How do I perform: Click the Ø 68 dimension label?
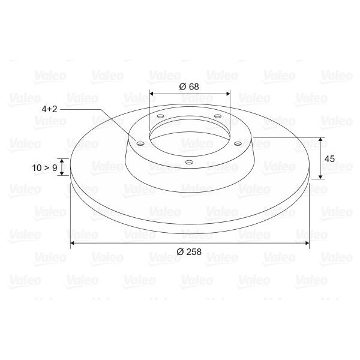[189, 86]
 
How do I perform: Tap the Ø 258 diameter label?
[190, 251]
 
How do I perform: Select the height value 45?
[329, 158]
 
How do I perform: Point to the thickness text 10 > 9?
[45, 168]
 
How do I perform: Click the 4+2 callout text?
[50, 110]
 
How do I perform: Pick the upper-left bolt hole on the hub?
[160, 117]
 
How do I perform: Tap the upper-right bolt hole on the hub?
[217, 116]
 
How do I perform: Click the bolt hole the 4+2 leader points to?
[140, 143]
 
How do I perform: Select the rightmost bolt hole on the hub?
[238, 143]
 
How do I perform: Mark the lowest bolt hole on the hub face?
[189, 162]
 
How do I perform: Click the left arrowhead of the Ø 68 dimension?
[152, 94]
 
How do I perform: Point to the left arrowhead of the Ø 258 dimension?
[73, 243]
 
